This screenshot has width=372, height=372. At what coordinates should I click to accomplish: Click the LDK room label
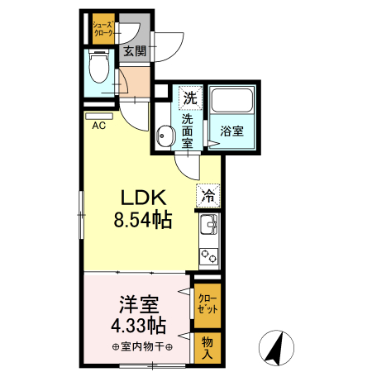[145, 198]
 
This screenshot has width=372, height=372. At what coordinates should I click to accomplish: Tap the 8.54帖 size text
[143, 222]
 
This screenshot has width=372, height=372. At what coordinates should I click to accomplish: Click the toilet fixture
[98, 66]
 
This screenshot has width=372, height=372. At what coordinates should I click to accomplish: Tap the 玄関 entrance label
[135, 51]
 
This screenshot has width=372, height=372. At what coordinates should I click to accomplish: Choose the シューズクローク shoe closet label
[103, 28]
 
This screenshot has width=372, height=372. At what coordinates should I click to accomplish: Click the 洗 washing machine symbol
[191, 98]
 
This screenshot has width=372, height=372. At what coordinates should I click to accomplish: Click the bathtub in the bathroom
[232, 102]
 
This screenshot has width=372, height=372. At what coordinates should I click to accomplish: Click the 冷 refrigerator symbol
[209, 197]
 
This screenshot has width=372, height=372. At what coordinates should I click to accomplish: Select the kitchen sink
[208, 224]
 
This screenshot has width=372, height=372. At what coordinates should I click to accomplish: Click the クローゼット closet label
[207, 304]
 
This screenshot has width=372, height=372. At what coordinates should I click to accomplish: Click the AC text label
[98, 126]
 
